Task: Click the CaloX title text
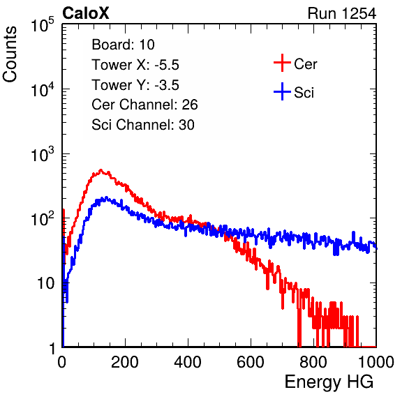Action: point(86,13)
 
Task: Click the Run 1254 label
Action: point(342,13)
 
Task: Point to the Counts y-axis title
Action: point(10,54)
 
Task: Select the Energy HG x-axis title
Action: point(329,382)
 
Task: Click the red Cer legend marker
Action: point(282,63)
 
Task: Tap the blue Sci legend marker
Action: point(282,91)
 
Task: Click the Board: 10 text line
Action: point(123,45)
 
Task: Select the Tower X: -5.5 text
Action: point(135,65)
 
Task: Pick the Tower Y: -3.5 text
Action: point(135,85)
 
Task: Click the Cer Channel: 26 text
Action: point(144,105)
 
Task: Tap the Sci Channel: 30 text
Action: point(143,125)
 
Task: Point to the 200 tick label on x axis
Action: point(125,362)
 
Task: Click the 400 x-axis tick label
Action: point(188,362)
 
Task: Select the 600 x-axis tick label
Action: point(251,362)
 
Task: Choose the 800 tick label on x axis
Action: point(313,362)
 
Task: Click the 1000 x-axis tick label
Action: point(376,362)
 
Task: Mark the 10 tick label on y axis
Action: point(46,283)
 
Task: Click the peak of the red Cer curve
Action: point(101,170)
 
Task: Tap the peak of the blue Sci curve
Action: point(106,197)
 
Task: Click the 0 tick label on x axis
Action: point(62,362)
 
